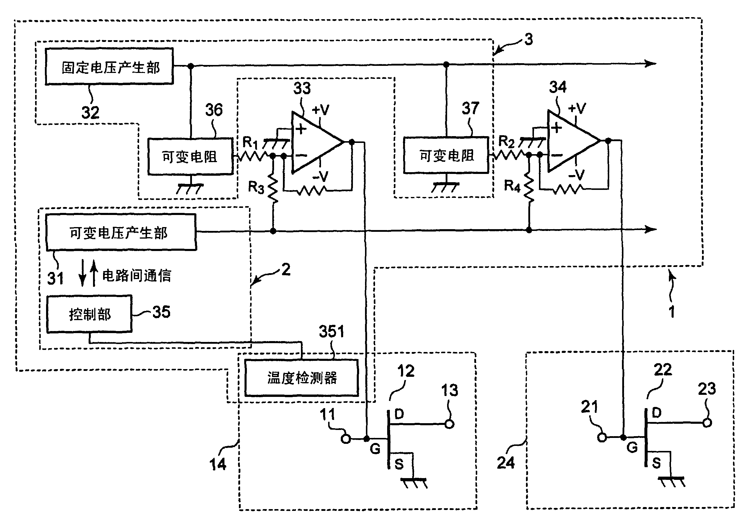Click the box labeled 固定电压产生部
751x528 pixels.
coord(109,67)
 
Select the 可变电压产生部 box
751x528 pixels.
coord(121,232)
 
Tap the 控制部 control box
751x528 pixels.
coord(89,314)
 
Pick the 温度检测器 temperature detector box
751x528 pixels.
coord(302,378)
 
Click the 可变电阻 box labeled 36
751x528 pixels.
coord(190,157)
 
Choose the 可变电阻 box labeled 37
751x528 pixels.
coord(446,155)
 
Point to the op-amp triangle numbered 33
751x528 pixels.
coord(314,142)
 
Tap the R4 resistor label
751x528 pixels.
coord(512,186)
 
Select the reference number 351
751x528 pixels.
coord(331,331)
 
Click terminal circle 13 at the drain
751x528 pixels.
coord(449,424)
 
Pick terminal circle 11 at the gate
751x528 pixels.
coord(346,438)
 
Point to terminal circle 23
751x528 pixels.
coord(707,423)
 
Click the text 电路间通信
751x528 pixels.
coord(137,276)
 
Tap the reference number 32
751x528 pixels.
coord(90,113)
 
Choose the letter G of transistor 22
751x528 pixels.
coord(632,447)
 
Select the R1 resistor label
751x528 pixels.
coord(250,142)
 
